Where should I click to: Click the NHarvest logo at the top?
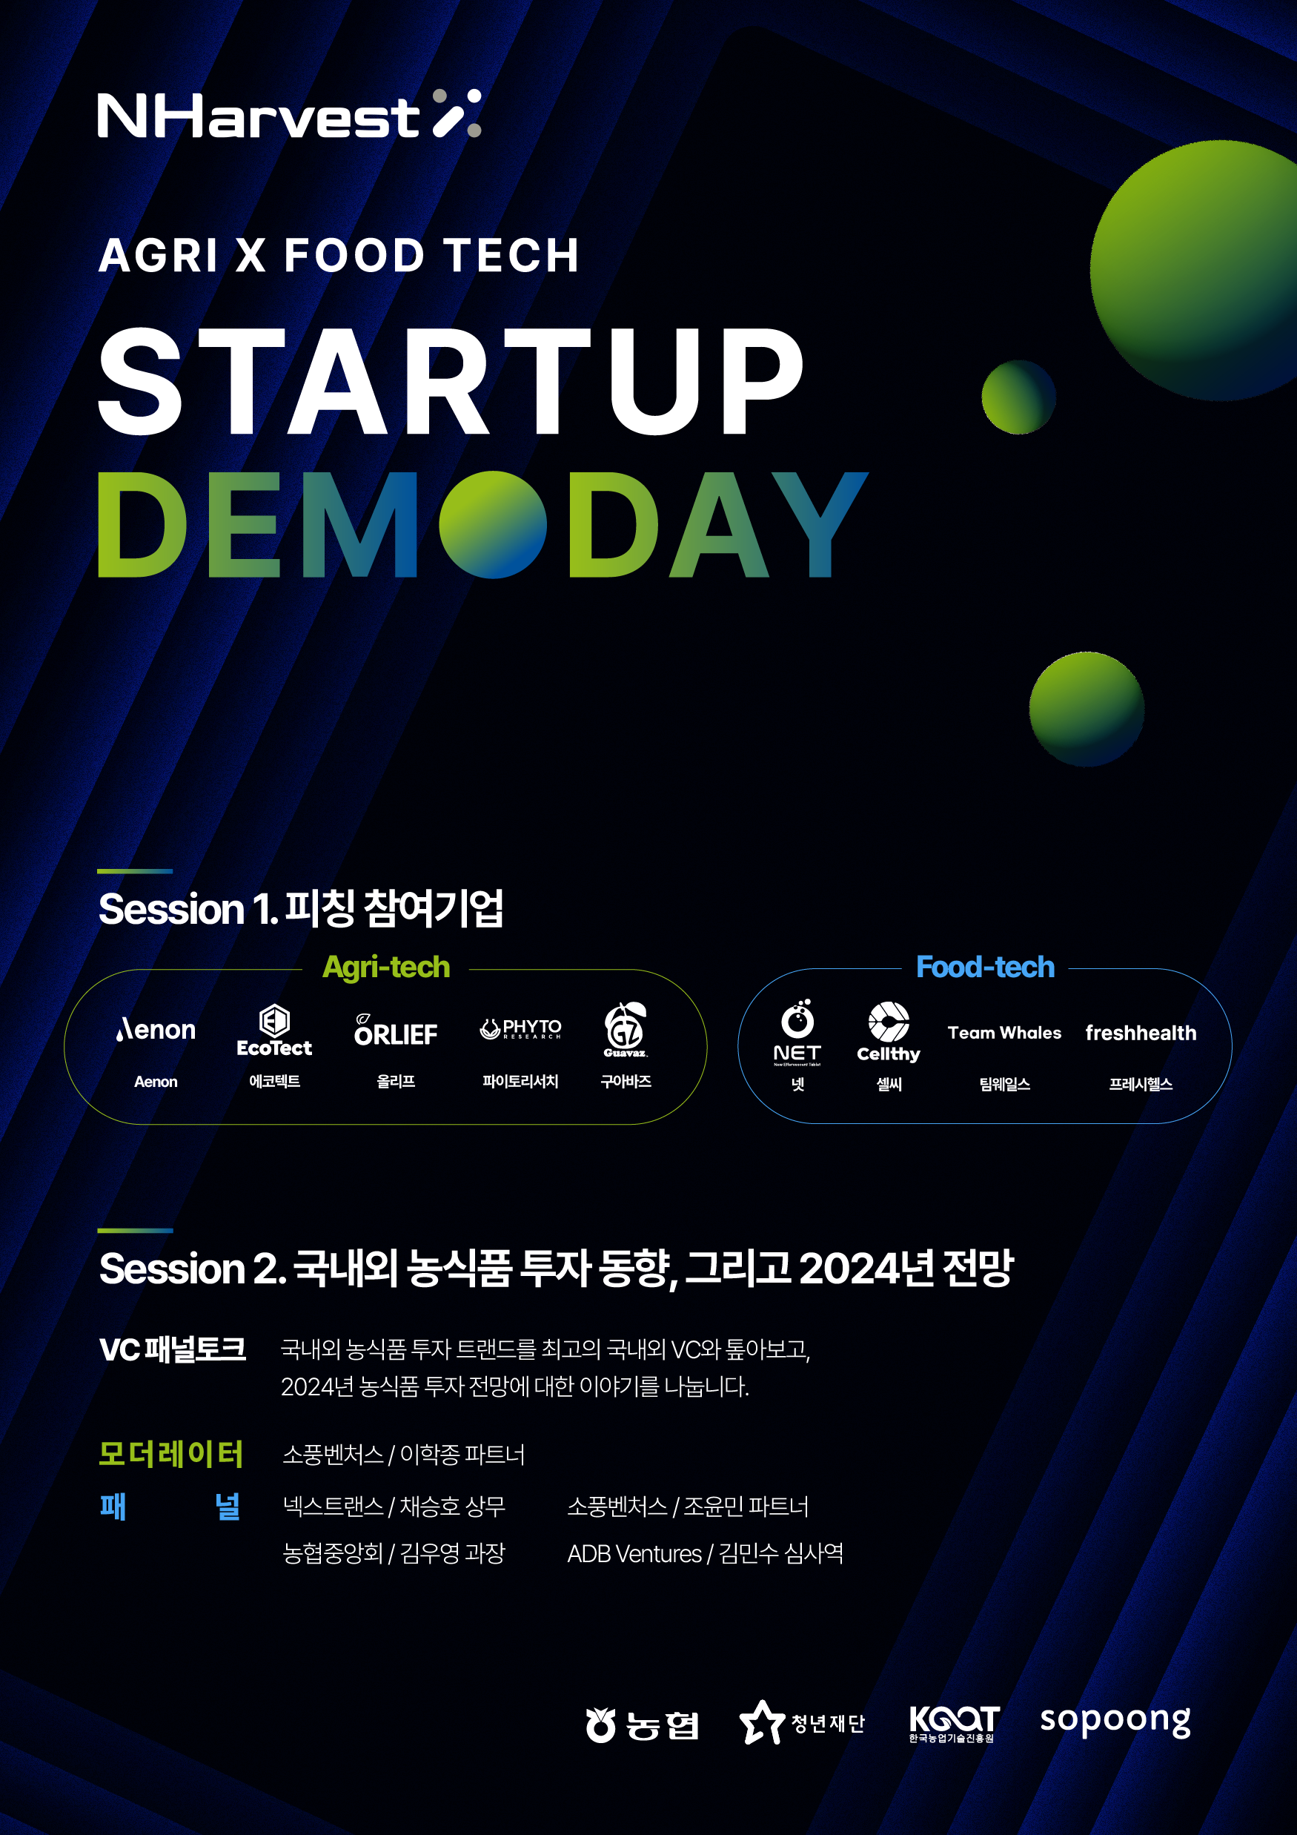(x=289, y=114)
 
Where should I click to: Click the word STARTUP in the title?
(x=451, y=381)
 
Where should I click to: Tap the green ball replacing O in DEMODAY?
(x=493, y=524)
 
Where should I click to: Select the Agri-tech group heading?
(x=386, y=968)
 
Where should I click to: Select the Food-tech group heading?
(x=985, y=967)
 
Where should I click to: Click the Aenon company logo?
(x=156, y=1029)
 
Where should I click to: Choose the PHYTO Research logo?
(x=520, y=1028)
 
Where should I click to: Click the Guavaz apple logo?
(x=626, y=1029)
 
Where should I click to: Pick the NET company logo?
(x=797, y=1033)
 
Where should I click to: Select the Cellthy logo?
(x=889, y=1032)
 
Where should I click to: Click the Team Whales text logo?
(x=1004, y=1033)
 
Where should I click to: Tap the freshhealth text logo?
(x=1141, y=1033)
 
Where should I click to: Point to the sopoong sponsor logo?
(x=1115, y=1720)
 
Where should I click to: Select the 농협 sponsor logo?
(x=643, y=1725)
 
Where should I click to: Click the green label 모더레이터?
(x=170, y=1454)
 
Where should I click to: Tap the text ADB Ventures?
(x=634, y=1554)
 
